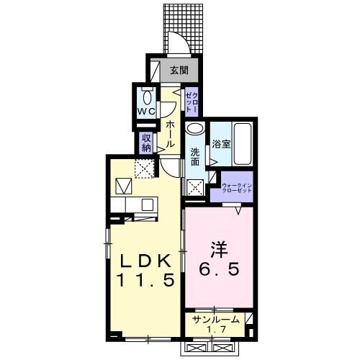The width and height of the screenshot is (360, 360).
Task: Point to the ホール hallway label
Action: click(x=171, y=134)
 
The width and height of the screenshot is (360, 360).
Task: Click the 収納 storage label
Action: click(x=146, y=143)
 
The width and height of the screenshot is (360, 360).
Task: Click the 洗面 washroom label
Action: click(x=194, y=158)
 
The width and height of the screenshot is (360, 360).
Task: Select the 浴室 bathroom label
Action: click(x=220, y=143)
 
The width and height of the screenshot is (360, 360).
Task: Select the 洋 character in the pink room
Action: click(x=219, y=251)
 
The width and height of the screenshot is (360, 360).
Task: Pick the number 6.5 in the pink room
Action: click(x=219, y=271)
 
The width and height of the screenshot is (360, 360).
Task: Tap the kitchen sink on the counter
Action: click(x=147, y=204)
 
